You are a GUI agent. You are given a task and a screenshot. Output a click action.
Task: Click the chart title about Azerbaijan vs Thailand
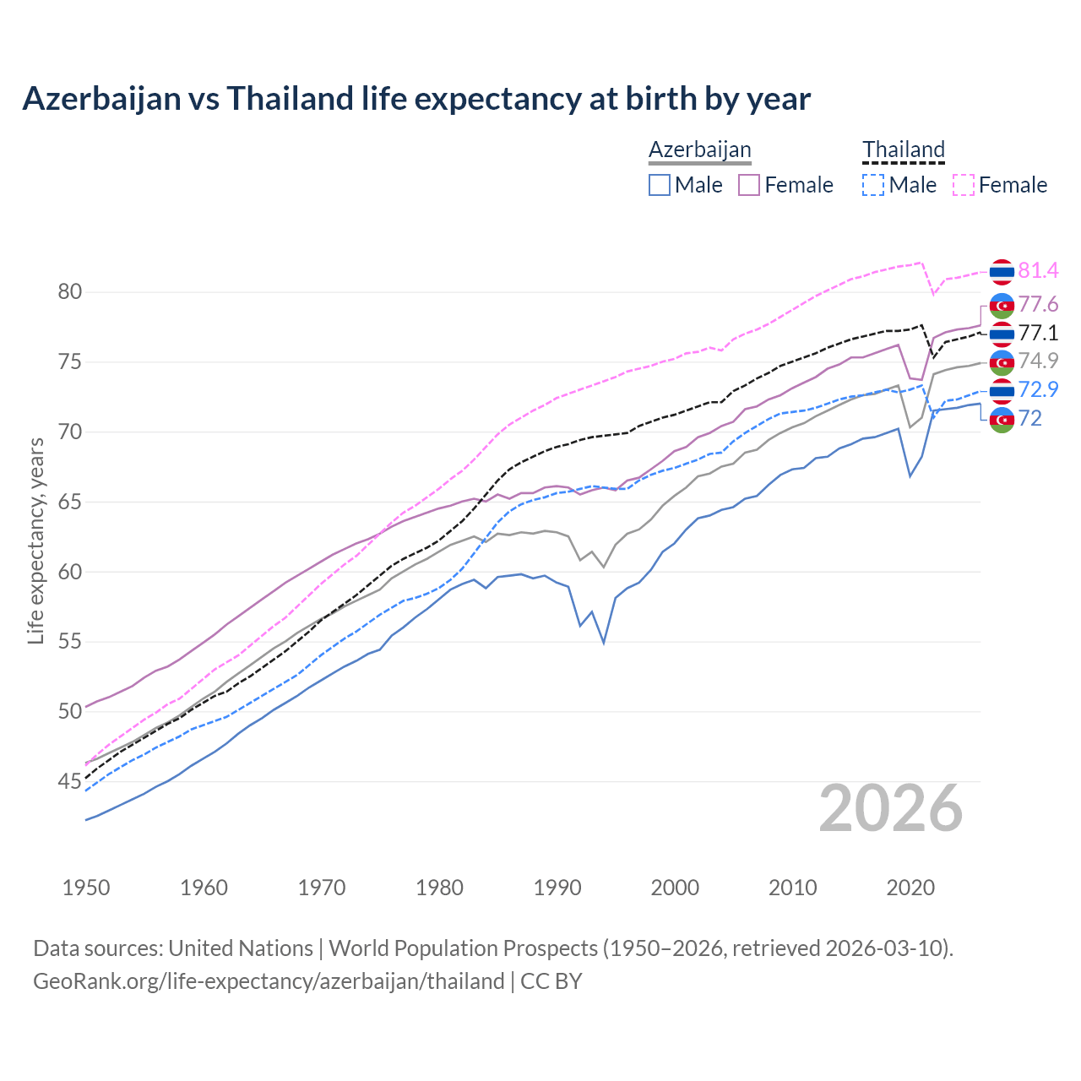coord(416,99)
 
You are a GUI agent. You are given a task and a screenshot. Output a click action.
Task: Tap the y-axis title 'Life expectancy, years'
coord(35,540)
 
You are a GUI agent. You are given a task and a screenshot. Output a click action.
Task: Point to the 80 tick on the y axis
coord(70,292)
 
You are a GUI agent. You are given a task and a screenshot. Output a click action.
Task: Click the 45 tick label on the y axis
coord(70,782)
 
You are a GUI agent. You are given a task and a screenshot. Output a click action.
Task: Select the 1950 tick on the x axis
coord(86,888)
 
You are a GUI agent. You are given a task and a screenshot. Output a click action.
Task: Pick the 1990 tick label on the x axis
coord(557,888)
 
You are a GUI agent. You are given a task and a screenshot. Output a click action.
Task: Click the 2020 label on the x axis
coord(910,888)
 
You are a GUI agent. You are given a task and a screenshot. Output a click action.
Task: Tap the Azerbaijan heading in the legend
coord(699,149)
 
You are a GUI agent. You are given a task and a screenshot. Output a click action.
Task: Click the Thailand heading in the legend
coord(903,149)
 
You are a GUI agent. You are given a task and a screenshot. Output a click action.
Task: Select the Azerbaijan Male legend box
coord(660,185)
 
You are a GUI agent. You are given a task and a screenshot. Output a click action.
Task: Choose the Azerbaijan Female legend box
coord(749,185)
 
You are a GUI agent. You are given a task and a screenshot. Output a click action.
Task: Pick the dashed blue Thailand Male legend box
coord(873,185)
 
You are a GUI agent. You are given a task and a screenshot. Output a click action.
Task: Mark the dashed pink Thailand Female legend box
coord(963,185)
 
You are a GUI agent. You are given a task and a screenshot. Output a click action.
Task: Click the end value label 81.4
coord(1038,271)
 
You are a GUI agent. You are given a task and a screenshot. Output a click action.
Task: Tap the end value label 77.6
coord(1038,304)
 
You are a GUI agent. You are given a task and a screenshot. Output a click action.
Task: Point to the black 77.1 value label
coord(1038,333)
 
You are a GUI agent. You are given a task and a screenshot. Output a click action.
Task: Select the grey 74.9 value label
coord(1038,361)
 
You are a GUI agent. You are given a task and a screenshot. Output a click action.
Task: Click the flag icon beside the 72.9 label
coord(1002,390)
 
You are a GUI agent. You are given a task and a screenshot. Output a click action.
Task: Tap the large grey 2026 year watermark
coord(891,808)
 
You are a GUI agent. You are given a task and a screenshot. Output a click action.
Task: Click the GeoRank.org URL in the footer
coord(269,981)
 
